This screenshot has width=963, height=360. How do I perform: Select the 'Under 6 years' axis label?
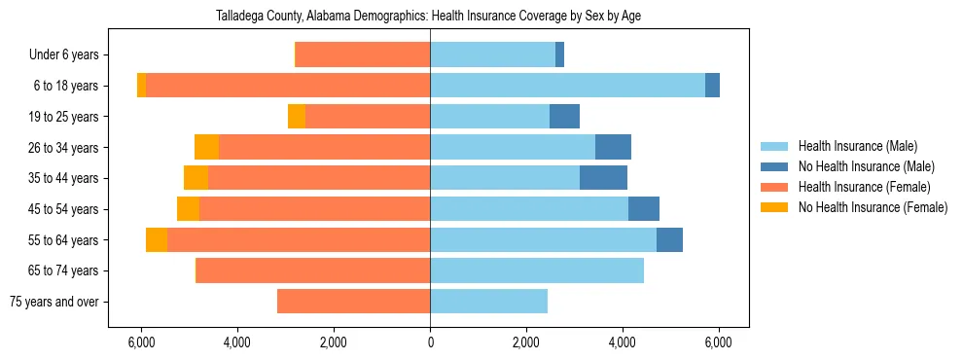pos(70,55)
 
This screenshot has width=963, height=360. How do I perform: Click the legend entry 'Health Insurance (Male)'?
pos(857,146)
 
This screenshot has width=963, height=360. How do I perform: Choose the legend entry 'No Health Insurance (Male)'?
pos(866,166)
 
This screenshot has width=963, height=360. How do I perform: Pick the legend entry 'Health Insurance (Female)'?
pos(864,187)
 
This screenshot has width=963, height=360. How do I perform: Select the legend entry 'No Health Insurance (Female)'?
pos(873,207)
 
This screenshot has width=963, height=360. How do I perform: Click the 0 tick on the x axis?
pos(430,342)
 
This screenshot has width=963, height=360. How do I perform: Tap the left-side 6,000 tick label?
pos(142,342)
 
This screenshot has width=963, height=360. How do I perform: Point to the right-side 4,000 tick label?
pos(623,342)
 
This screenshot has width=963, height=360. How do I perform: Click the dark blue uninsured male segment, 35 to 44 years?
pos(603,178)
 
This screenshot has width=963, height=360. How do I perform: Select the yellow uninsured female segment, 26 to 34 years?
pos(206,147)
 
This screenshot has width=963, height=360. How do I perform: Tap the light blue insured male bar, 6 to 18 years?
pos(567,86)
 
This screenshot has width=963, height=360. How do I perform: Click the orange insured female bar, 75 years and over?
pos(353,302)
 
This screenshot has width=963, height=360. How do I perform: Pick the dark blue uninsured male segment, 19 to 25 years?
pos(564,117)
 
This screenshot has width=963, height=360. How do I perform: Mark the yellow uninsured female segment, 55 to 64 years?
pos(157,239)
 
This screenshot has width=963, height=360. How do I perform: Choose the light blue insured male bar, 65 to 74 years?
pos(537,270)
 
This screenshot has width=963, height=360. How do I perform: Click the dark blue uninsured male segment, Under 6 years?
pos(559,55)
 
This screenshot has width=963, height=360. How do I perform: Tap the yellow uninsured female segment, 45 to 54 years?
pos(188,209)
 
